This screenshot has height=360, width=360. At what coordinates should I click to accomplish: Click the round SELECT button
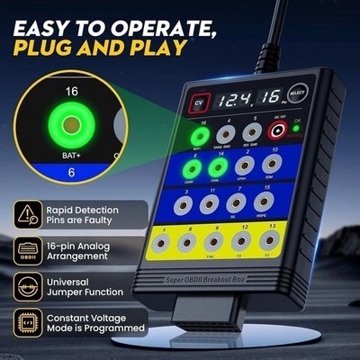pos(298,93)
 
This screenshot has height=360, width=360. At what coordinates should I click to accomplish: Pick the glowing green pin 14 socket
pos(218,166)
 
